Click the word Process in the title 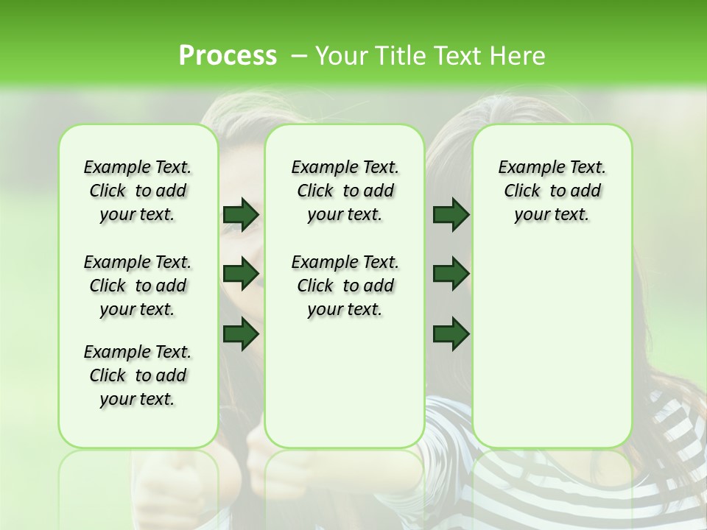(228, 56)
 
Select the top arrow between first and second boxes (241, 215)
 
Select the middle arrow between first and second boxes (241, 274)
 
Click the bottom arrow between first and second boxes (241, 333)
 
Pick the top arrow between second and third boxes (451, 215)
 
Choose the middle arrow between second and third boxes (451, 274)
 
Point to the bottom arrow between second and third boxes (451, 333)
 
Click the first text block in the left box (138, 191)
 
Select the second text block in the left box (138, 286)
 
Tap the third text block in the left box (138, 375)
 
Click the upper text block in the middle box (345, 191)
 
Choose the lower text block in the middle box (345, 286)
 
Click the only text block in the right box (552, 191)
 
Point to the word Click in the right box (522, 191)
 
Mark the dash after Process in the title (299, 56)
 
